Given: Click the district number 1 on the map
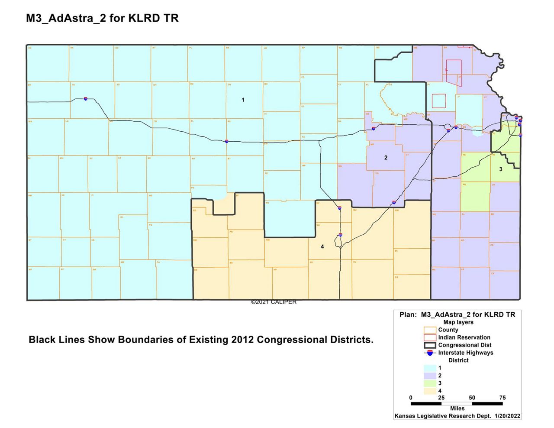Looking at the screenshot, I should (x=243, y=100).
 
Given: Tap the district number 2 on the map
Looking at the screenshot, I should (x=386, y=158).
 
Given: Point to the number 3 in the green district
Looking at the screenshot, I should (x=501, y=169).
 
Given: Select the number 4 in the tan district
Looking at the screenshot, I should (x=322, y=246).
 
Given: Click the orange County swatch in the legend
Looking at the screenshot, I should (x=430, y=330).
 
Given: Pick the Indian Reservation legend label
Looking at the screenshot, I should (x=464, y=337).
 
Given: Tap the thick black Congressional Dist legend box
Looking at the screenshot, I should (x=430, y=345).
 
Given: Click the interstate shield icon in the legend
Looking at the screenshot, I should (x=430, y=353).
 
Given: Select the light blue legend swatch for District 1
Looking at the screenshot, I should (x=430, y=368).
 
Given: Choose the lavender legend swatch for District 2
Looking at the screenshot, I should (x=430, y=376).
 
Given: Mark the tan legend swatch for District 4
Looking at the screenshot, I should (x=430, y=391).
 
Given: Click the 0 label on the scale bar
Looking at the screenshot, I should (x=411, y=398).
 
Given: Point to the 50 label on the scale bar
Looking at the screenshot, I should (x=472, y=398).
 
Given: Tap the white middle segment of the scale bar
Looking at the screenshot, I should (x=457, y=404).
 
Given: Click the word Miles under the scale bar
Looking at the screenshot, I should (x=457, y=409).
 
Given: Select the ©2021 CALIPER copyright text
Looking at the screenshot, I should (x=274, y=302).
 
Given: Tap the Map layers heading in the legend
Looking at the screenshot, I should (x=458, y=322).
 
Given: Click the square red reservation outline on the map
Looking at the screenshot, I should (x=439, y=101).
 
